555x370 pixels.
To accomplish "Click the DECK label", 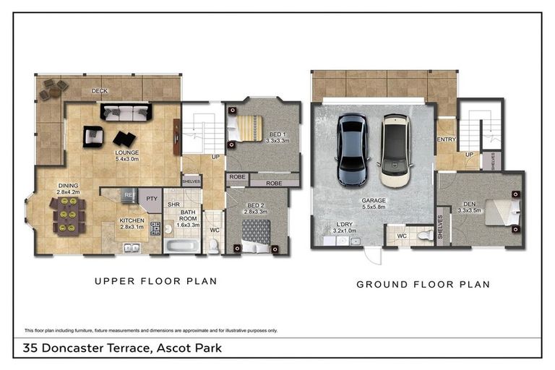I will (x=100, y=91).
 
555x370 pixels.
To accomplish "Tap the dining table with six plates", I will (x=67, y=216).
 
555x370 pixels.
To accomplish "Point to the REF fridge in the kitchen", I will (x=129, y=195).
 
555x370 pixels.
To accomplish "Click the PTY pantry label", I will (x=151, y=199).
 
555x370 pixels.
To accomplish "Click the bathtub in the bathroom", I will (x=178, y=245).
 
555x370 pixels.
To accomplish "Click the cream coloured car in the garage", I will (x=395, y=148).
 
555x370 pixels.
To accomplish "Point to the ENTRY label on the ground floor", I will (x=446, y=139).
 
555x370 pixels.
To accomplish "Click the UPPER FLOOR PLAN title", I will (x=156, y=280).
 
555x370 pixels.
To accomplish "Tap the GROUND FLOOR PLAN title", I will (x=423, y=284).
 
